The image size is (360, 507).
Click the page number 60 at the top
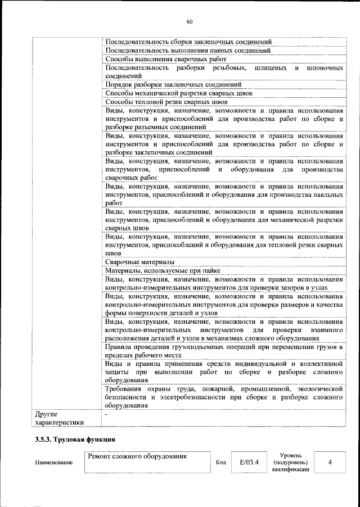coord(190,22)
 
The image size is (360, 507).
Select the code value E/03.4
coord(249,462)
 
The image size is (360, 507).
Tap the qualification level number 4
coord(330,462)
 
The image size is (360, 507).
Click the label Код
coord(220,463)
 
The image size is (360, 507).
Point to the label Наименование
coord(53,463)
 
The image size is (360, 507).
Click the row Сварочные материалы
coord(139,262)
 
